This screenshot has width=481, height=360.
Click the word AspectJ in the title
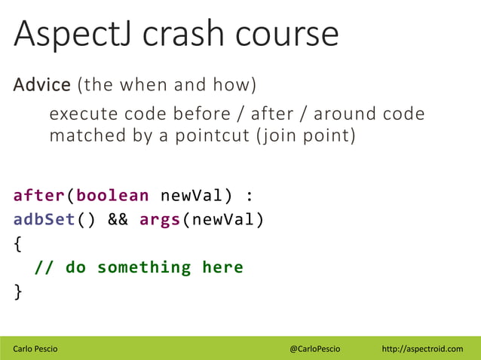click(x=72, y=35)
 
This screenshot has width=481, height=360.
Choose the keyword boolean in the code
click(x=112, y=196)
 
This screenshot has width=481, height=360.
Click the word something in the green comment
click(x=143, y=267)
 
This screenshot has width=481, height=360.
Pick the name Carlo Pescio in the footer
click(x=37, y=349)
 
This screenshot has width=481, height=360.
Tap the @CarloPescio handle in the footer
click(x=315, y=349)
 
